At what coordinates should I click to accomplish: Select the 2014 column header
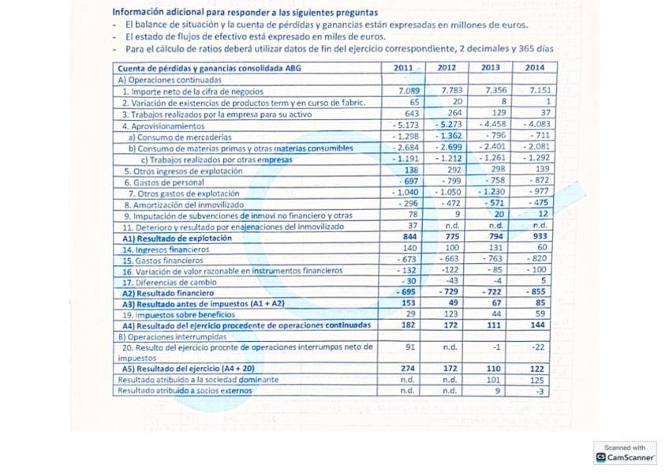pyautogui.click(x=536, y=68)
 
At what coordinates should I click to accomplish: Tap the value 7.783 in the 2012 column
pyautogui.click(x=452, y=91)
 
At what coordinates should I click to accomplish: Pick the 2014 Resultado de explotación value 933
pyautogui.click(x=540, y=237)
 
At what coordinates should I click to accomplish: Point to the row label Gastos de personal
pyautogui.click(x=162, y=182)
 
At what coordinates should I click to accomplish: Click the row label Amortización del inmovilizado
pyautogui.click(x=182, y=204)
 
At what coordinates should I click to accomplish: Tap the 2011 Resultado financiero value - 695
pyautogui.click(x=406, y=292)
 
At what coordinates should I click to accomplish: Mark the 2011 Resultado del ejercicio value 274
pyautogui.click(x=408, y=368)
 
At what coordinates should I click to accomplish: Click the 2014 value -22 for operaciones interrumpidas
pyautogui.click(x=539, y=347)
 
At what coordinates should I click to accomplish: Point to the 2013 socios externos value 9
pyautogui.click(x=497, y=390)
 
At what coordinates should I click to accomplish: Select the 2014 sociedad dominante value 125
pyautogui.click(x=538, y=379)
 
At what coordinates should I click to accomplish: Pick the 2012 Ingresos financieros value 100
pyautogui.click(x=450, y=248)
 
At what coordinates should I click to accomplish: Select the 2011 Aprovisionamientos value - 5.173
pyautogui.click(x=406, y=126)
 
